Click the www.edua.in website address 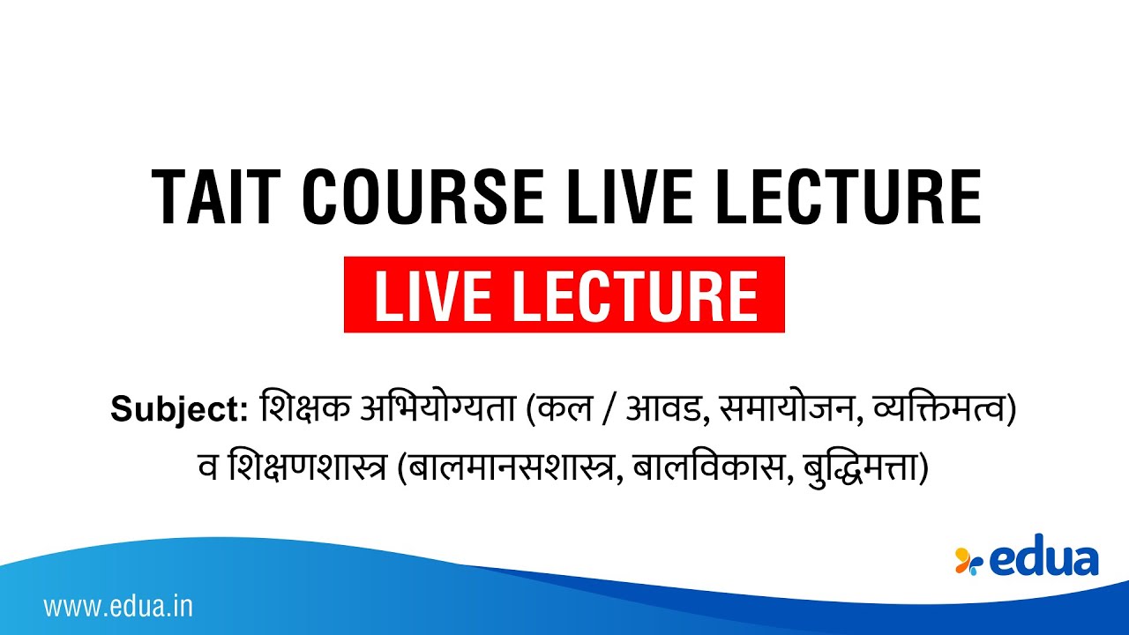pos(118,607)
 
